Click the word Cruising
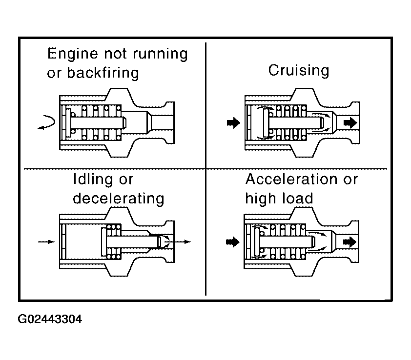298,70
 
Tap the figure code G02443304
50,320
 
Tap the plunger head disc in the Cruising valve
266,123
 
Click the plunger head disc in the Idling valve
103,241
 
